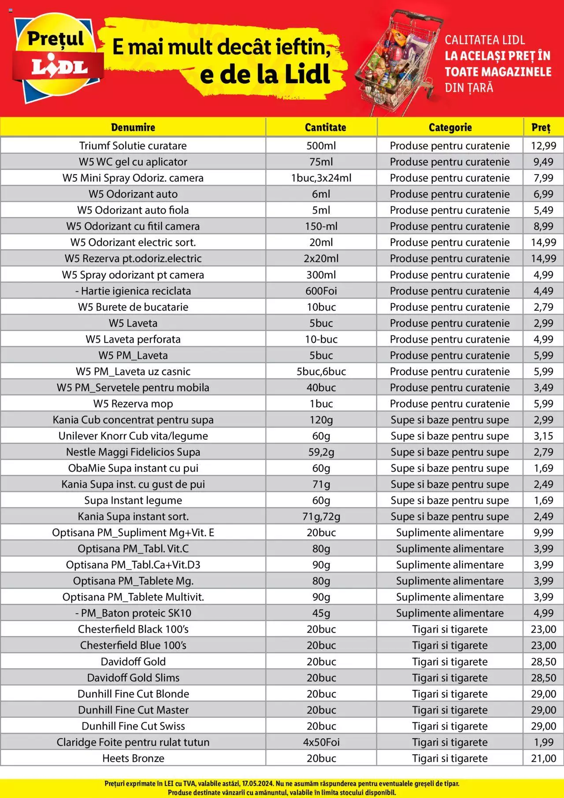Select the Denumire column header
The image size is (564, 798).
pos(133,127)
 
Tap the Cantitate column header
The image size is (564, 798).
pos(325,127)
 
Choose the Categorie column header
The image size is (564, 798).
pos(450,127)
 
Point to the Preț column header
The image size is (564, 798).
pos(541,127)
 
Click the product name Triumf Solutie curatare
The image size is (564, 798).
pos(133,145)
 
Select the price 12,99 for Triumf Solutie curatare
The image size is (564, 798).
pos(543,145)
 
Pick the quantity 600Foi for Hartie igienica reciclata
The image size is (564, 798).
pos(321,291)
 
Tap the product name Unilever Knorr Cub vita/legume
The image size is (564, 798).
pos(133,436)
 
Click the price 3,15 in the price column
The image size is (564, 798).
pos(543,436)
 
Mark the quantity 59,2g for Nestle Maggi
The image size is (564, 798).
pos(321,452)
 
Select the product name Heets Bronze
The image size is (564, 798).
pos(133,758)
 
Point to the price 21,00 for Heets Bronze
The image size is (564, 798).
pos(543,758)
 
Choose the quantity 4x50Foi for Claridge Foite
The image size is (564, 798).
pos(321,742)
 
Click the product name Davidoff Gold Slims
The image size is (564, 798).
pos(133,678)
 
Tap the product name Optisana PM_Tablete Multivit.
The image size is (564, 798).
pos(133,597)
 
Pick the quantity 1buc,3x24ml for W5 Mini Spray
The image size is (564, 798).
pos(321,178)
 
